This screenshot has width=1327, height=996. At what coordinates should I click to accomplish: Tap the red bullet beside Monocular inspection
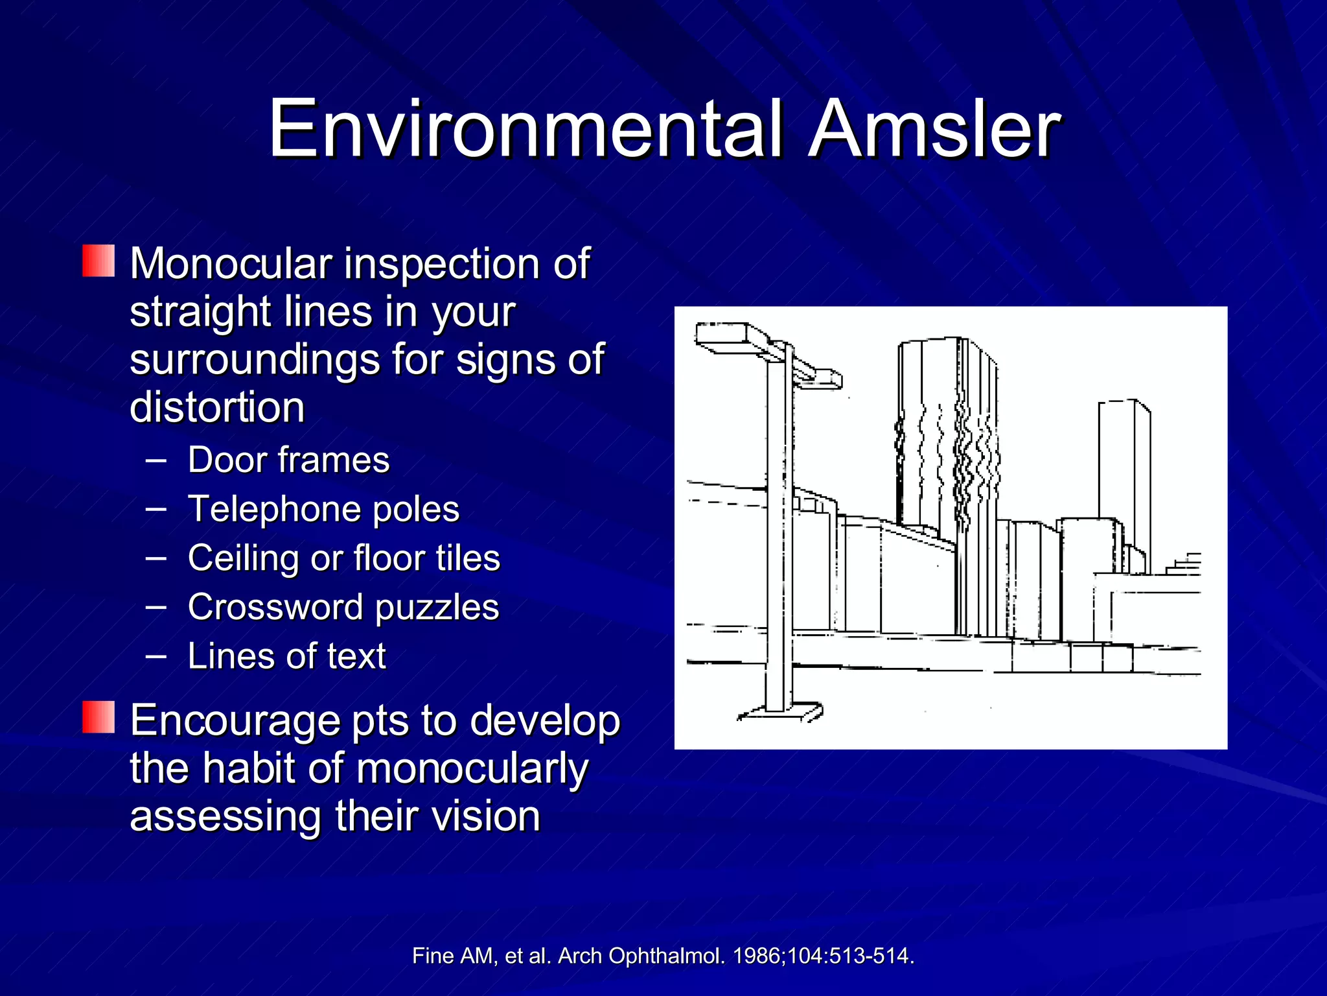98,261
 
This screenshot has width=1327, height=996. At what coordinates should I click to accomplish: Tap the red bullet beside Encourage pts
98,717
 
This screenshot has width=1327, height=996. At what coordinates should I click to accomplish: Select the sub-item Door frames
288,460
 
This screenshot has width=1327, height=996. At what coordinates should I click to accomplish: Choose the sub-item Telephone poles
323,509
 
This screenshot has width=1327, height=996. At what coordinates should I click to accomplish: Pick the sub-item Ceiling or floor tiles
343,558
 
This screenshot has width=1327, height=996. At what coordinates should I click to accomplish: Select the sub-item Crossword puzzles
343,607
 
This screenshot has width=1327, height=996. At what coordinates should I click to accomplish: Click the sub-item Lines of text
286,656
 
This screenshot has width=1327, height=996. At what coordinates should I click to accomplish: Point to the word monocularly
472,768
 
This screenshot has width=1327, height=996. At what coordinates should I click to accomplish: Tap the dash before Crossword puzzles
156,607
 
